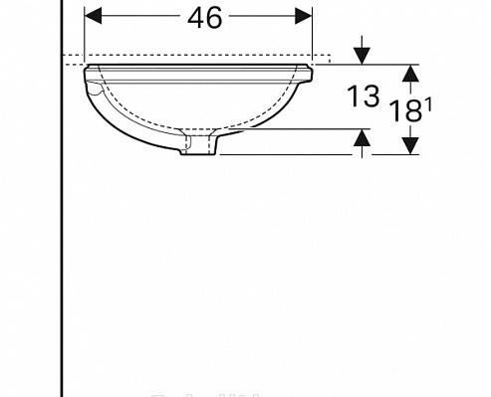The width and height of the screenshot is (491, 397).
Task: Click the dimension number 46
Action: click(x=198, y=17)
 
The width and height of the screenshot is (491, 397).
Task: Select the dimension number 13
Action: click(x=364, y=97)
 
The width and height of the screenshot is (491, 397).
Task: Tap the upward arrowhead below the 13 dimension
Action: click(x=363, y=140)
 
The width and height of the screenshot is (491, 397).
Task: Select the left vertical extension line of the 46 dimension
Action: click(x=85, y=35)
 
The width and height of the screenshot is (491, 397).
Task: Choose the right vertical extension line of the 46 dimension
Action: click(x=313, y=35)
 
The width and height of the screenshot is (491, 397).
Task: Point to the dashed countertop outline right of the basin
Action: click(x=324, y=57)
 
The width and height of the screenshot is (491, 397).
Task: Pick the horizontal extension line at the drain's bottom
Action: click(x=289, y=156)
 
